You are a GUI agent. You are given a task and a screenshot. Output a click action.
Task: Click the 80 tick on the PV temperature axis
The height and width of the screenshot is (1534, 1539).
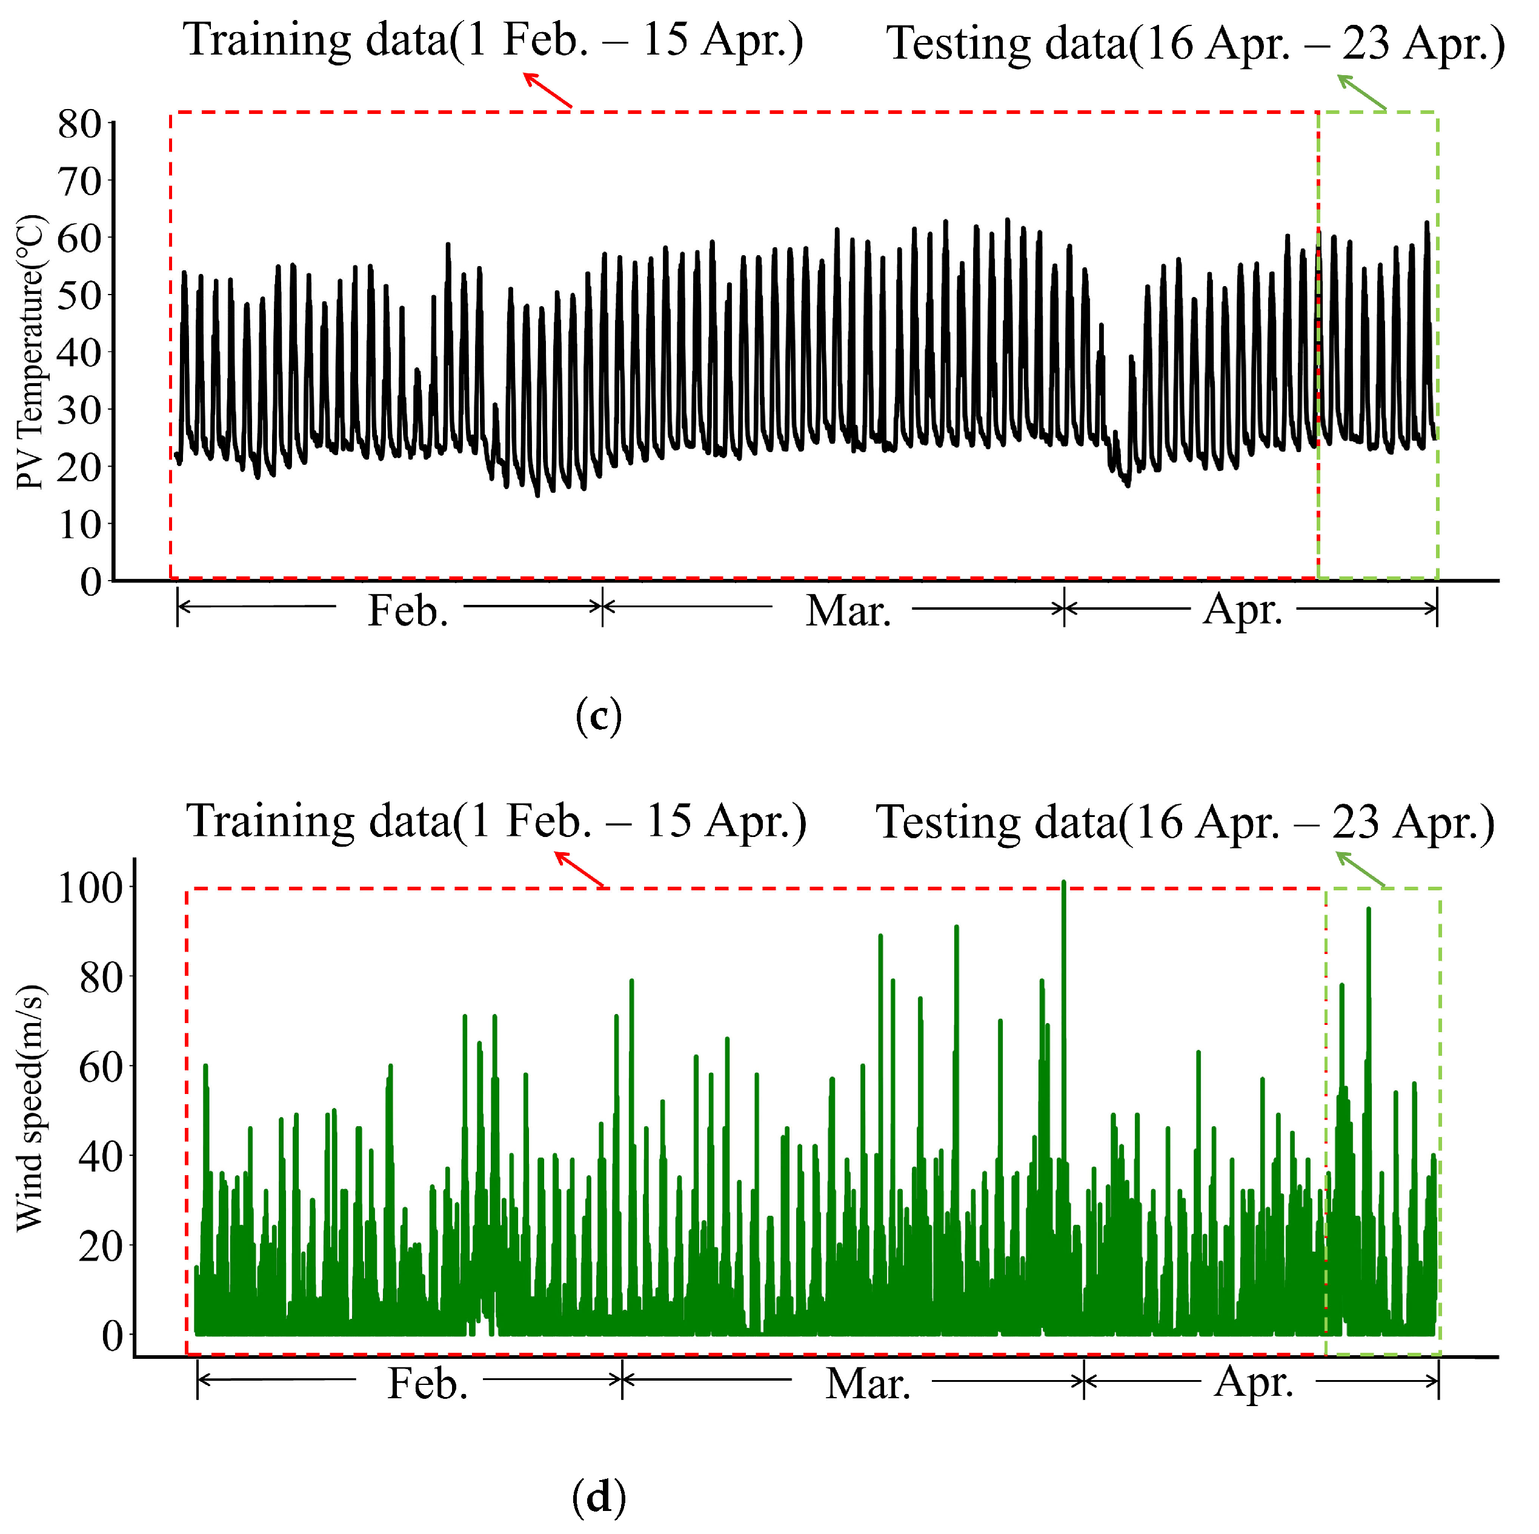79,124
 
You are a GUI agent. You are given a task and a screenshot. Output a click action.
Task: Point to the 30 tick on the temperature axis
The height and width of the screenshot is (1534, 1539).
79,410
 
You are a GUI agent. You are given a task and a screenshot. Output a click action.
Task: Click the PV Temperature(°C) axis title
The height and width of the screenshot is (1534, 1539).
30,352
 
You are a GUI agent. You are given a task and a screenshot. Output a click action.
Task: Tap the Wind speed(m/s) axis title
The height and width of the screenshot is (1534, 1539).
30,1109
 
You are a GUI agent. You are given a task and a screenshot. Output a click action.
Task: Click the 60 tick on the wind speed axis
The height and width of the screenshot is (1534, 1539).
101,1067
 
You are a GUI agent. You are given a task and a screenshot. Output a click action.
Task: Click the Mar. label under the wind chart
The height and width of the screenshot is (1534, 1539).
868,1384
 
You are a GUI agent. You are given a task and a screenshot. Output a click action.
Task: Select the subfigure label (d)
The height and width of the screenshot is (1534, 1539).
598,1498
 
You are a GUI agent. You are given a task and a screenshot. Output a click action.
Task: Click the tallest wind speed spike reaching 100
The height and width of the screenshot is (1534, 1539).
1063,883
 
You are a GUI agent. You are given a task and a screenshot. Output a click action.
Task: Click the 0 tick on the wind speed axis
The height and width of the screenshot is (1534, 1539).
112,1335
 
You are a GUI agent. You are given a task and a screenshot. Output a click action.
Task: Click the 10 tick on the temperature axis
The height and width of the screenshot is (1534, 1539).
79,524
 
